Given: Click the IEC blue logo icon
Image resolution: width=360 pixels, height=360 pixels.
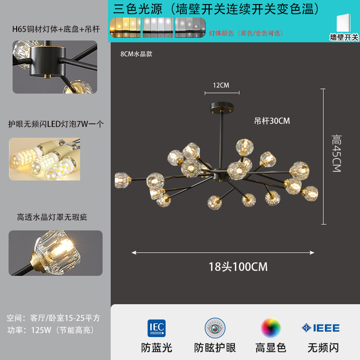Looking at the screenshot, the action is pos(156,328).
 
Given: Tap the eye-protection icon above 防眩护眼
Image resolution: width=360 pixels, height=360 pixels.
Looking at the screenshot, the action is pos(215,328).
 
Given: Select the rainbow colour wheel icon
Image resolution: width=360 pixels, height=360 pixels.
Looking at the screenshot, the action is pos(270,328).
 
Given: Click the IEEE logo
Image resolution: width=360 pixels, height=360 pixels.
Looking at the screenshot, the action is pos(320,328).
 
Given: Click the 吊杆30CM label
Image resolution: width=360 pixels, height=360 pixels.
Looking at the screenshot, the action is pos(272,121).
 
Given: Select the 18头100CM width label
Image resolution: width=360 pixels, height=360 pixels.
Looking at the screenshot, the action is pos(238,267).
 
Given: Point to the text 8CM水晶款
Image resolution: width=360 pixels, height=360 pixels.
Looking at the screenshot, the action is pos(136,54).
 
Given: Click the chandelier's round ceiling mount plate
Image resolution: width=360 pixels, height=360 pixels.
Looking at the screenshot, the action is pos(220,108).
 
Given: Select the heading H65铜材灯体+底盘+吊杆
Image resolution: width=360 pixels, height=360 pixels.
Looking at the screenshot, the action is pos(55,30).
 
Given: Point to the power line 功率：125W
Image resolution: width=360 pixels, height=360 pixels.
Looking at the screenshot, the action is pos(50,330).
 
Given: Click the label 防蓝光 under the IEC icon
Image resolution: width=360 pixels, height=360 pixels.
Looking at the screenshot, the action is pos(157,347).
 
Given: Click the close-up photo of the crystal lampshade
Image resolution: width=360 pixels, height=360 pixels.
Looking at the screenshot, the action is pos(55,253).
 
